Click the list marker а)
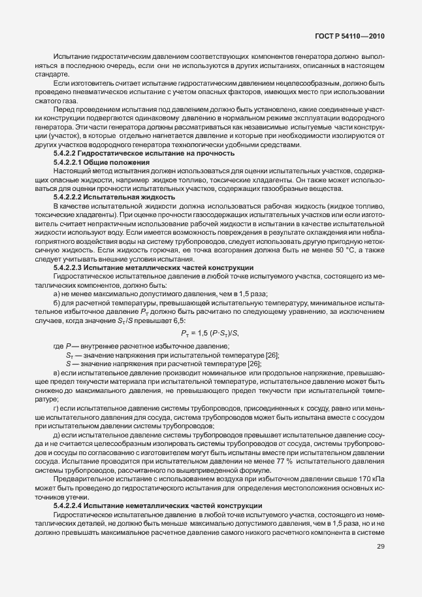coord(57,276)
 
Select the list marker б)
coord(57,284)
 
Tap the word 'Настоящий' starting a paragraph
coord(70,170)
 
